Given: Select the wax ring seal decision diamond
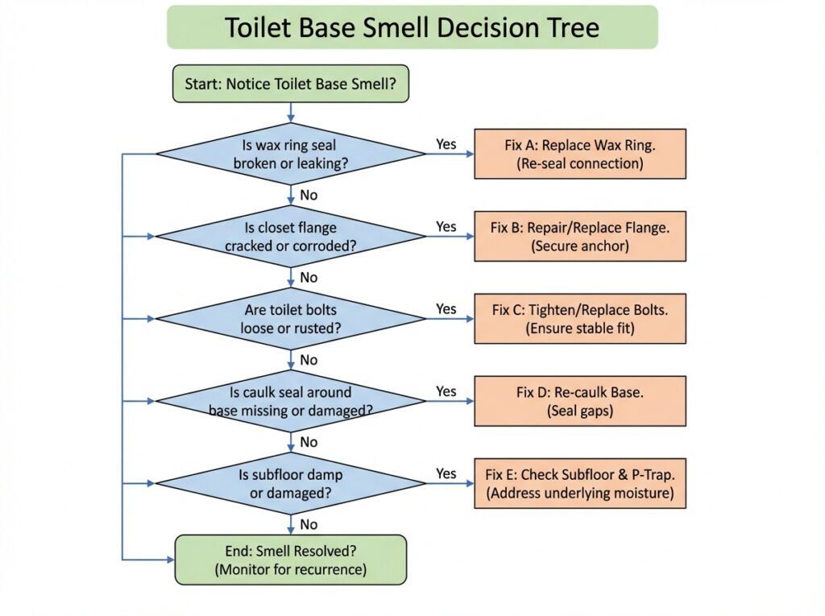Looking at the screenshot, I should point(290,154).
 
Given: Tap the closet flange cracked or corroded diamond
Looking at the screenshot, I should point(290,236).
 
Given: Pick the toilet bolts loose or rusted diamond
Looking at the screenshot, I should point(290,318).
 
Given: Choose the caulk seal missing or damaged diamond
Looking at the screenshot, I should point(290,401).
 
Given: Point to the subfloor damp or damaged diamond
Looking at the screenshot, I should point(290,483).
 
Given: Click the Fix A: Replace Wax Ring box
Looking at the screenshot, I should point(580,154).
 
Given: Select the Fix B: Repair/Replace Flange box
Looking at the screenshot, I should point(580,237).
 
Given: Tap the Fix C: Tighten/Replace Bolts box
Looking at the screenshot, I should point(580,319).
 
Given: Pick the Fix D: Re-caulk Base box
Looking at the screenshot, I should point(580,401).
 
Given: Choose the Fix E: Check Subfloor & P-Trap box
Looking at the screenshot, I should point(580,483).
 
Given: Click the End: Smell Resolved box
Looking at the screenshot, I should point(291,560).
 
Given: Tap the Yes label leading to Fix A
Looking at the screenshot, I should point(446,145).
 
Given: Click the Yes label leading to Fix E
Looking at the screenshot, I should point(446,473).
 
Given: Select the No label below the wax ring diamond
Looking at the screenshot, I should point(309,195).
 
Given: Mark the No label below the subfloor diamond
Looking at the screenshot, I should point(309,524).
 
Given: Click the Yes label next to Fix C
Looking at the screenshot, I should point(446,309).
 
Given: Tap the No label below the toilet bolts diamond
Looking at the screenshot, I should point(309,360).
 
